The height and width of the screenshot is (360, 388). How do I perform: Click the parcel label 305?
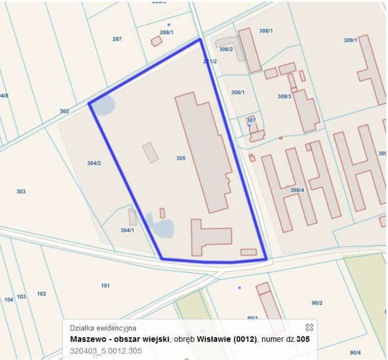click(x=181, y=158)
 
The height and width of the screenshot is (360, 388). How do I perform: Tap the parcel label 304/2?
click(x=94, y=163)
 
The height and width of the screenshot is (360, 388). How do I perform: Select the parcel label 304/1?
click(x=127, y=230)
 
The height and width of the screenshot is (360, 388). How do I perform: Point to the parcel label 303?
click(x=21, y=192)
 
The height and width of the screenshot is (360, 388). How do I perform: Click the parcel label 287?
click(x=117, y=39)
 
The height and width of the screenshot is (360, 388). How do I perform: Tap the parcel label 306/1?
click(x=238, y=92)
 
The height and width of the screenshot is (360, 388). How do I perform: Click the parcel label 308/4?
click(x=297, y=190)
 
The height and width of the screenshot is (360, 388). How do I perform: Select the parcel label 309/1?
click(x=350, y=40)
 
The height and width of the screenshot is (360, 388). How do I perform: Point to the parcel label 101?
click(x=105, y=285)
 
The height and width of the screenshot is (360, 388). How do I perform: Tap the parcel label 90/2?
click(x=317, y=303)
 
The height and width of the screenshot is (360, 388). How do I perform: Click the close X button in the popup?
click(x=309, y=327)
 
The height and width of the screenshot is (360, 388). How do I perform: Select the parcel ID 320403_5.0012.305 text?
click(x=106, y=350)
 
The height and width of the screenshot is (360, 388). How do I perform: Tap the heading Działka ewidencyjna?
click(x=103, y=328)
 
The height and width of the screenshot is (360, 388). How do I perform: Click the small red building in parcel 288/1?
click(x=157, y=41)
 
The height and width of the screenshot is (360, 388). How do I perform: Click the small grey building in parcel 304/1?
click(x=133, y=217)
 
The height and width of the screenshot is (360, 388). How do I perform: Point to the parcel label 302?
click(x=64, y=112)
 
